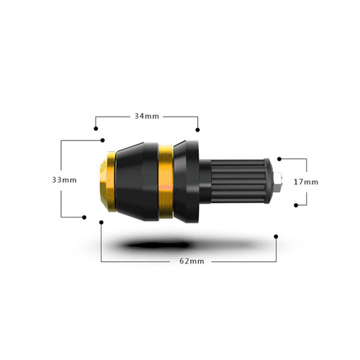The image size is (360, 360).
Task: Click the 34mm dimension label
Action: point(147,117)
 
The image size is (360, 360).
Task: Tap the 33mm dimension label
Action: point(64,180)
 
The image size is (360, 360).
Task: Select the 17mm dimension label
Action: point(306,182)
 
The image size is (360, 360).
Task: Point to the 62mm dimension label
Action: point(192,261)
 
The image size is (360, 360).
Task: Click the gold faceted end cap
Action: point(107,181)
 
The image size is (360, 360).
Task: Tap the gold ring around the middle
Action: point(166,181)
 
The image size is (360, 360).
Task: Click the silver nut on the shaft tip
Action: point(279,182)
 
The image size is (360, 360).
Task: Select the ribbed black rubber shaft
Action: point(242,181)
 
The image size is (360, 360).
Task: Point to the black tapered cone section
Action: point(137,181)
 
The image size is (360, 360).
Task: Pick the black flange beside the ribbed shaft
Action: point(186,181)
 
